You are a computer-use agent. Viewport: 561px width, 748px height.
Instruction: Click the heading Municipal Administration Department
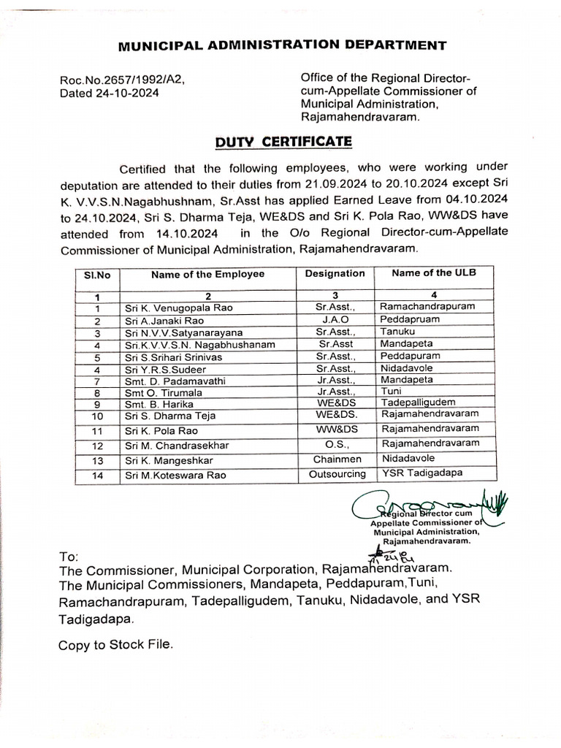click(x=281, y=45)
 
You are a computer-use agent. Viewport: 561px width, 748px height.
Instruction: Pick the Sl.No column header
click(x=96, y=275)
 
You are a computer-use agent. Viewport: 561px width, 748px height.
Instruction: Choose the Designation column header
click(x=335, y=273)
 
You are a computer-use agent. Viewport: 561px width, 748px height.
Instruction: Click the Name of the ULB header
click(x=433, y=273)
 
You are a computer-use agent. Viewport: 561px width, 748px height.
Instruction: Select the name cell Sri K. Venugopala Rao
click(x=179, y=308)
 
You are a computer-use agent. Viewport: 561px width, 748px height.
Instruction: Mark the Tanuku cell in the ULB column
click(x=397, y=332)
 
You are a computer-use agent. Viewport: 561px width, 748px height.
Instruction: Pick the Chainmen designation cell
click(x=335, y=459)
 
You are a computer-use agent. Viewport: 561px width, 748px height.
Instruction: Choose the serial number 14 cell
click(x=96, y=475)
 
